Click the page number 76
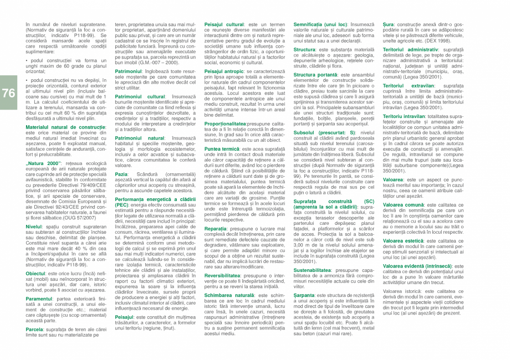point(8,94)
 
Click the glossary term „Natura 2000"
point(43,148)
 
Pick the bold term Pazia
point(121,174)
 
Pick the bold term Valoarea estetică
point(407,241)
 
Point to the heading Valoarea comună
point(407,205)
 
